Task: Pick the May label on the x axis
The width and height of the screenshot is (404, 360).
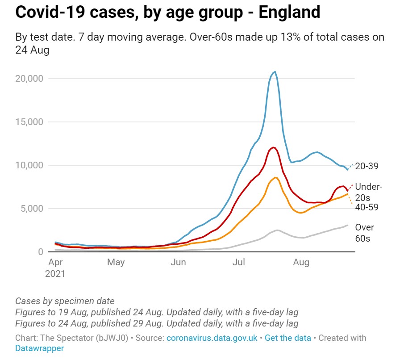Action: [116, 262]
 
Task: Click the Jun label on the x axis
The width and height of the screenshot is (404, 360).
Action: [178, 262]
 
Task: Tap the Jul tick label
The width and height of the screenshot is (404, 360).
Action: [239, 262]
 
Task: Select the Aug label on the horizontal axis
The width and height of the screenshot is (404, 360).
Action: [301, 262]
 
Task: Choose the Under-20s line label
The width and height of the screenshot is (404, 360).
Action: [369, 192]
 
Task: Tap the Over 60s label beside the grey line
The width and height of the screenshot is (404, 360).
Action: [365, 233]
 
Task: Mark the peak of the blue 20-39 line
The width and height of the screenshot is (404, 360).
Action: [275, 71]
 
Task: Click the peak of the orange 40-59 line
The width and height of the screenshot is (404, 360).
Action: [276, 178]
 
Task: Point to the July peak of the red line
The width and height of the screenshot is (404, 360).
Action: [273, 147]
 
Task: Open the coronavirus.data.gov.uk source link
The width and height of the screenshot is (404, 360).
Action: [212, 338]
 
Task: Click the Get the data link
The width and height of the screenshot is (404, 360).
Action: [288, 338]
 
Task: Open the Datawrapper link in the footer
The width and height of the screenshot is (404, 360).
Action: [40, 348]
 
